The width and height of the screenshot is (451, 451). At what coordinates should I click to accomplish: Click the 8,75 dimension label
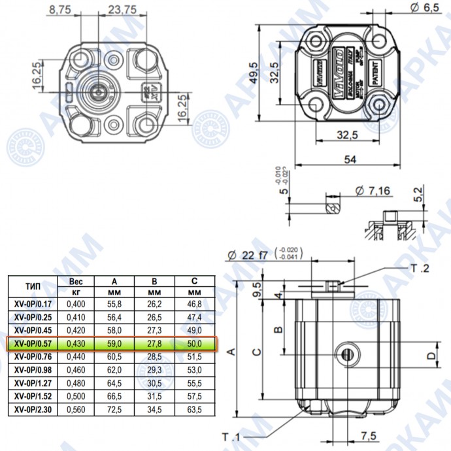(58, 10)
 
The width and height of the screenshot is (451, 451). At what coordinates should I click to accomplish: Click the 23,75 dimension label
(123, 10)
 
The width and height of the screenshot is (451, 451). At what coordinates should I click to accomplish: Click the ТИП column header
(32, 286)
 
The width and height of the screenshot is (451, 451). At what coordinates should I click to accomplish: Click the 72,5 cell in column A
(113, 409)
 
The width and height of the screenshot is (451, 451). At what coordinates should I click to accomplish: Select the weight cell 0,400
(76, 303)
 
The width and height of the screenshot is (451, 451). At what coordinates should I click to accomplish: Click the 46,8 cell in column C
(195, 303)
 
